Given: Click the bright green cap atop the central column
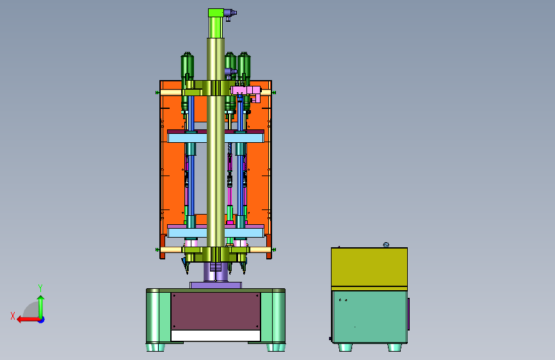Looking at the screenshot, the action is tap(216, 13).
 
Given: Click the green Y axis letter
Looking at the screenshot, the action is tap(40, 288).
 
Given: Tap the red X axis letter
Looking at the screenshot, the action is tap(13, 316).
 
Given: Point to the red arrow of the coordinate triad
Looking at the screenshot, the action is tap(28, 320).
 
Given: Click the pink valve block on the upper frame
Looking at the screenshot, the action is tap(246, 92).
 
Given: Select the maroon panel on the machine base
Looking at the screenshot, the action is tap(216, 311).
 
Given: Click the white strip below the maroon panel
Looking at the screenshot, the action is tap(216, 336).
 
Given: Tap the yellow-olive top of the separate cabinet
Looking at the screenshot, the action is tap(369, 267).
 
